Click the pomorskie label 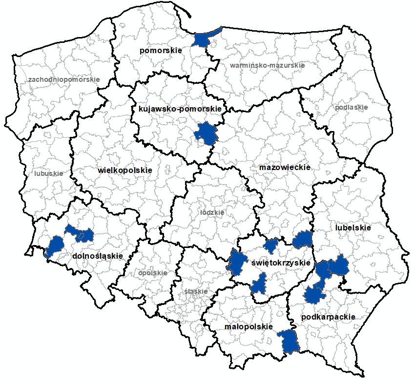click(160, 50)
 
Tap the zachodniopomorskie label click(64, 79)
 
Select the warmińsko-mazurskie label click(267, 65)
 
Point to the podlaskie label click(352, 107)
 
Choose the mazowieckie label click(285, 167)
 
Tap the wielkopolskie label click(125, 171)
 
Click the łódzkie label click(212, 213)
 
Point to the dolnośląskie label click(97, 256)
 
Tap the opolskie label click(153, 273)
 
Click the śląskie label click(196, 291)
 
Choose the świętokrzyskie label click(281, 263)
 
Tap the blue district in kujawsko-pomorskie click(206, 133)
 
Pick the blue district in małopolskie click(289, 341)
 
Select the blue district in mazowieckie click(303, 239)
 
